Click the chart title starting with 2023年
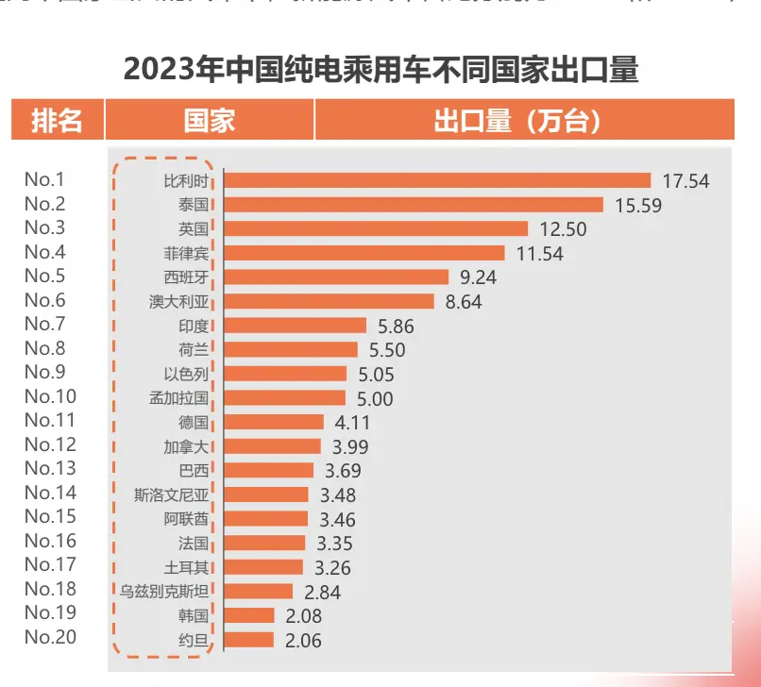click(x=381, y=70)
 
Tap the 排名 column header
click(x=57, y=121)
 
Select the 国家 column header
click(x=209, y=121)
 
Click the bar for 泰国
click(x=414, y=205)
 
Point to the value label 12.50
click(x=563, y=228)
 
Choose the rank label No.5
click(x=44, y=276)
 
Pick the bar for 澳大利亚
click(x=330, y=301)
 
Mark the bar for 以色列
click(x=287, y=373)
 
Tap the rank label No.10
click(x=50, y=396)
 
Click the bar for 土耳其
click(x=265, y=566)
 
